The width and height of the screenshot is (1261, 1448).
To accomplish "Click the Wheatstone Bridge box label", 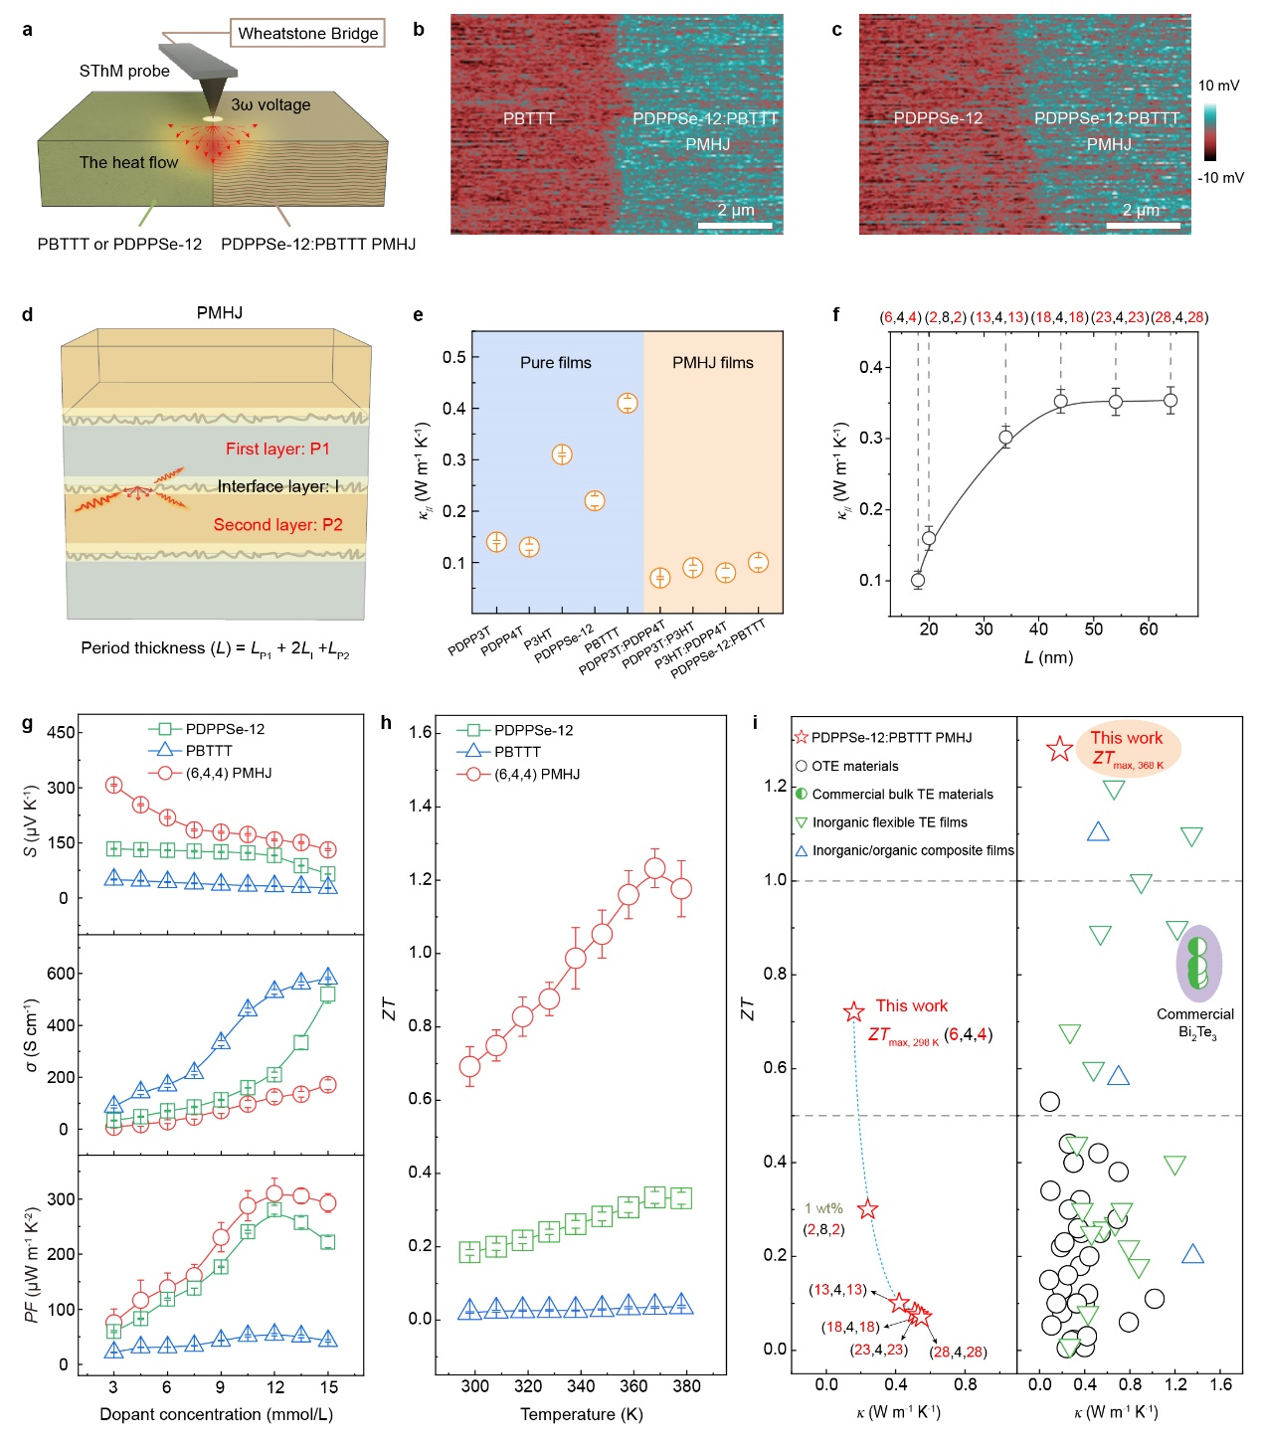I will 308,34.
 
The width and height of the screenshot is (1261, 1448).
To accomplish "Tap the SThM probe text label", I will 124,72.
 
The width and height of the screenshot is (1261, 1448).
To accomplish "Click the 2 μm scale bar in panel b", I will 736,226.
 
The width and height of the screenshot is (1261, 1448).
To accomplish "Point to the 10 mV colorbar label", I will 1218,86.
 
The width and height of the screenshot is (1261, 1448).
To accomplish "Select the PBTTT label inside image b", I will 529,119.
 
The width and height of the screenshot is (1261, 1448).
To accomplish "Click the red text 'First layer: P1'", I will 277,449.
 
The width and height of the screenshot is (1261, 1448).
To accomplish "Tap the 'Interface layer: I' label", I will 278,486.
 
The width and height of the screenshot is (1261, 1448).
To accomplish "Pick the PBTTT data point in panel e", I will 628,403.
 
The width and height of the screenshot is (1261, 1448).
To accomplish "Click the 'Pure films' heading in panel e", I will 556,363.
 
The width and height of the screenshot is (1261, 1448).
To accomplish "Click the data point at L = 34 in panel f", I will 1005,437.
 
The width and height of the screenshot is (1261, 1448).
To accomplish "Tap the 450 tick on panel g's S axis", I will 61,733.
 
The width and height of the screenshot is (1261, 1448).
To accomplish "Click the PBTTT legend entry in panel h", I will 517,752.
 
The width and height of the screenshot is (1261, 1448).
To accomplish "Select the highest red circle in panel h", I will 654,868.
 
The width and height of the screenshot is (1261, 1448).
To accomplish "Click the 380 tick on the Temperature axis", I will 686,1386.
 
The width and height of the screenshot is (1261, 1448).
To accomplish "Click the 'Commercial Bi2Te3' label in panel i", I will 1195,1022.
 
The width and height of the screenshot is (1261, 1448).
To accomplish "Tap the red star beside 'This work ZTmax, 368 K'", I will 1059,750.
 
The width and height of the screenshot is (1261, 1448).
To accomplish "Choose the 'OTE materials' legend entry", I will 854,766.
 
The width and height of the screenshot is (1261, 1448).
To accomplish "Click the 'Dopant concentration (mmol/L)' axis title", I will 217,1414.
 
